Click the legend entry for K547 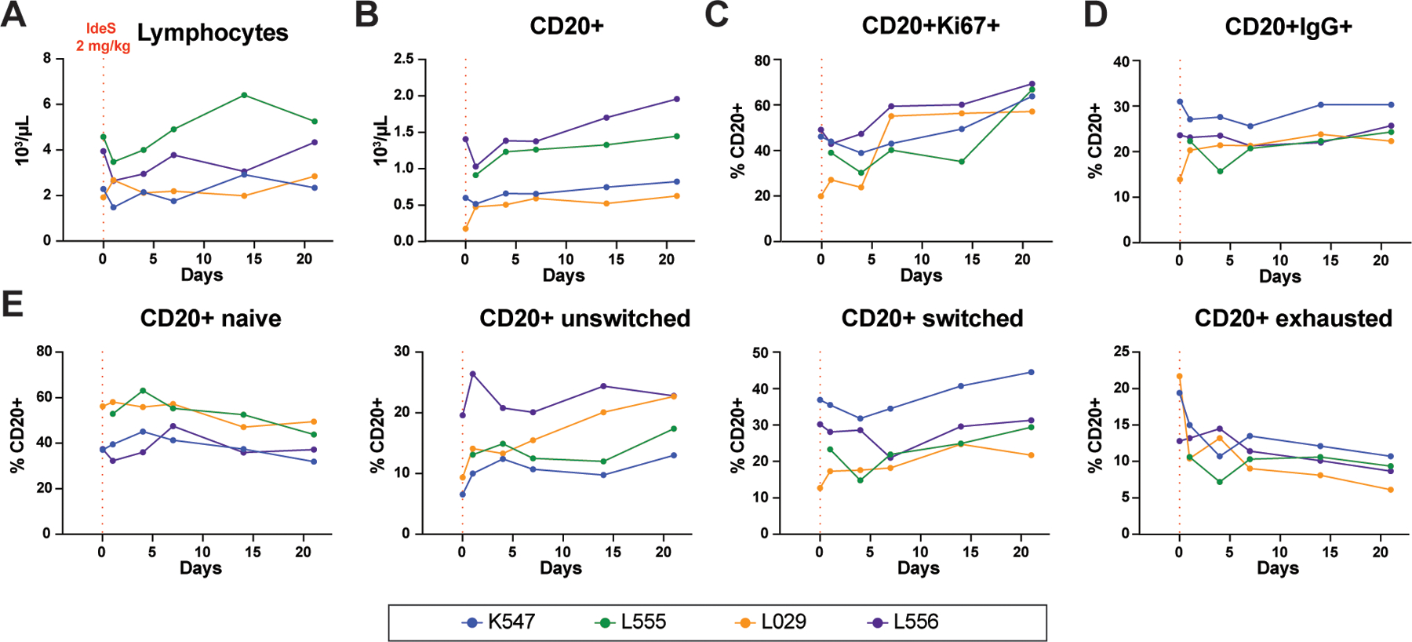point(500,622)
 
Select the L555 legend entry point(632,622)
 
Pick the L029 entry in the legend point(773,622)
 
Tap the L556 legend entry point(904,622)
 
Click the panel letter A point(13,15)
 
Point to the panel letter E point(12,305)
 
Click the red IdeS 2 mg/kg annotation point(102,38)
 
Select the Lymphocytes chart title point(213,33)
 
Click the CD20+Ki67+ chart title point(930,26)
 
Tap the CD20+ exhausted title point(1293,319)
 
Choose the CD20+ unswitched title point(584,319)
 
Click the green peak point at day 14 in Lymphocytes point(245,95)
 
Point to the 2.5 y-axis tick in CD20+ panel point(404,59)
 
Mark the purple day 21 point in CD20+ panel point(676,99)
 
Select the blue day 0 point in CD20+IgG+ point(1180,101)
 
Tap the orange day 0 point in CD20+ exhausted point(1179,376)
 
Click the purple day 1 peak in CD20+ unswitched point(472,374)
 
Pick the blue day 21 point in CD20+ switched point(1031,372)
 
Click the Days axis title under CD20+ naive point(201,568)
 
